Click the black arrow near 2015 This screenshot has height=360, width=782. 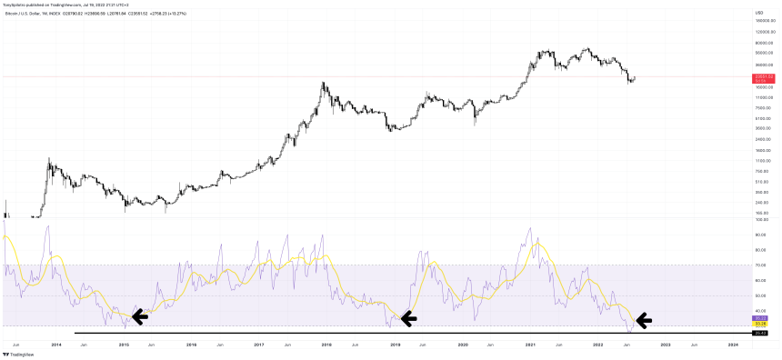click(139, 316)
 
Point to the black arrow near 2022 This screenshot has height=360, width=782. click(643, 319)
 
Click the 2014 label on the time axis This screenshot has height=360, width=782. click(56, 345)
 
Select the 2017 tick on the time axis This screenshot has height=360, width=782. click(259, 345)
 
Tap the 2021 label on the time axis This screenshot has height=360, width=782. click(530, 345)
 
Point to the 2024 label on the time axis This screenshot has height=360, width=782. click(733, 345)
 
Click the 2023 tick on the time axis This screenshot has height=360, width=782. click(666, 345)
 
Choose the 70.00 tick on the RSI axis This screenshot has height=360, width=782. click(760, 265)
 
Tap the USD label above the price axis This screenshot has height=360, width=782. click(757, 12)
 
